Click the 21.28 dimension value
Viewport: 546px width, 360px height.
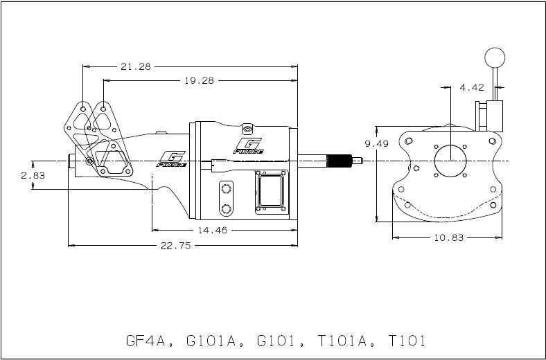136,66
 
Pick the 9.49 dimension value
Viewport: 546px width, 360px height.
377,143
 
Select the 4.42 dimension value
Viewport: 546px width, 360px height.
473,88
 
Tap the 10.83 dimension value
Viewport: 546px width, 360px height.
448,237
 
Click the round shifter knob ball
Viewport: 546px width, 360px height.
494,57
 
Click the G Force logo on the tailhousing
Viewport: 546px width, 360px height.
170,159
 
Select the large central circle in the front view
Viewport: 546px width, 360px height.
451,162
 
